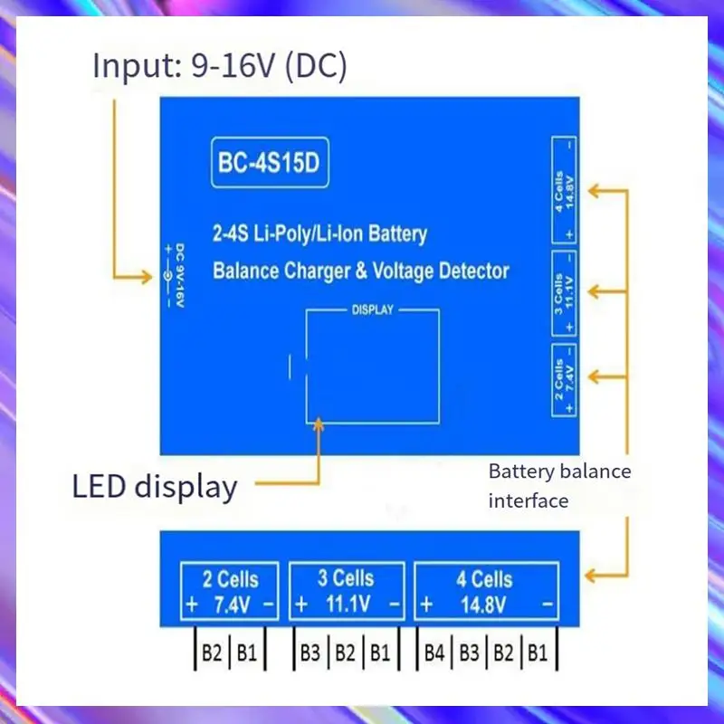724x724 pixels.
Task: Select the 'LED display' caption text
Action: click(x=155, y=486)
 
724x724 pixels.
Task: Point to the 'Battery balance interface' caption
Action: click(x=559, y=485)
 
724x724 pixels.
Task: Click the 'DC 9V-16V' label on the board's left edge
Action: click(x=179, y=277)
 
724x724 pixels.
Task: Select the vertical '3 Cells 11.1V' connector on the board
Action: click(x=564, y=292)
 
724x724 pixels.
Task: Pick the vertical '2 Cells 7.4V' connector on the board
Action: click(x=564, y=383)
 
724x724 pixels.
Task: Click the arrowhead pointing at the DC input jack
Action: click(x=149, y=274)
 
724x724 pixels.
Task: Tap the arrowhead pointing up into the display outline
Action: click(x=319, y=426)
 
